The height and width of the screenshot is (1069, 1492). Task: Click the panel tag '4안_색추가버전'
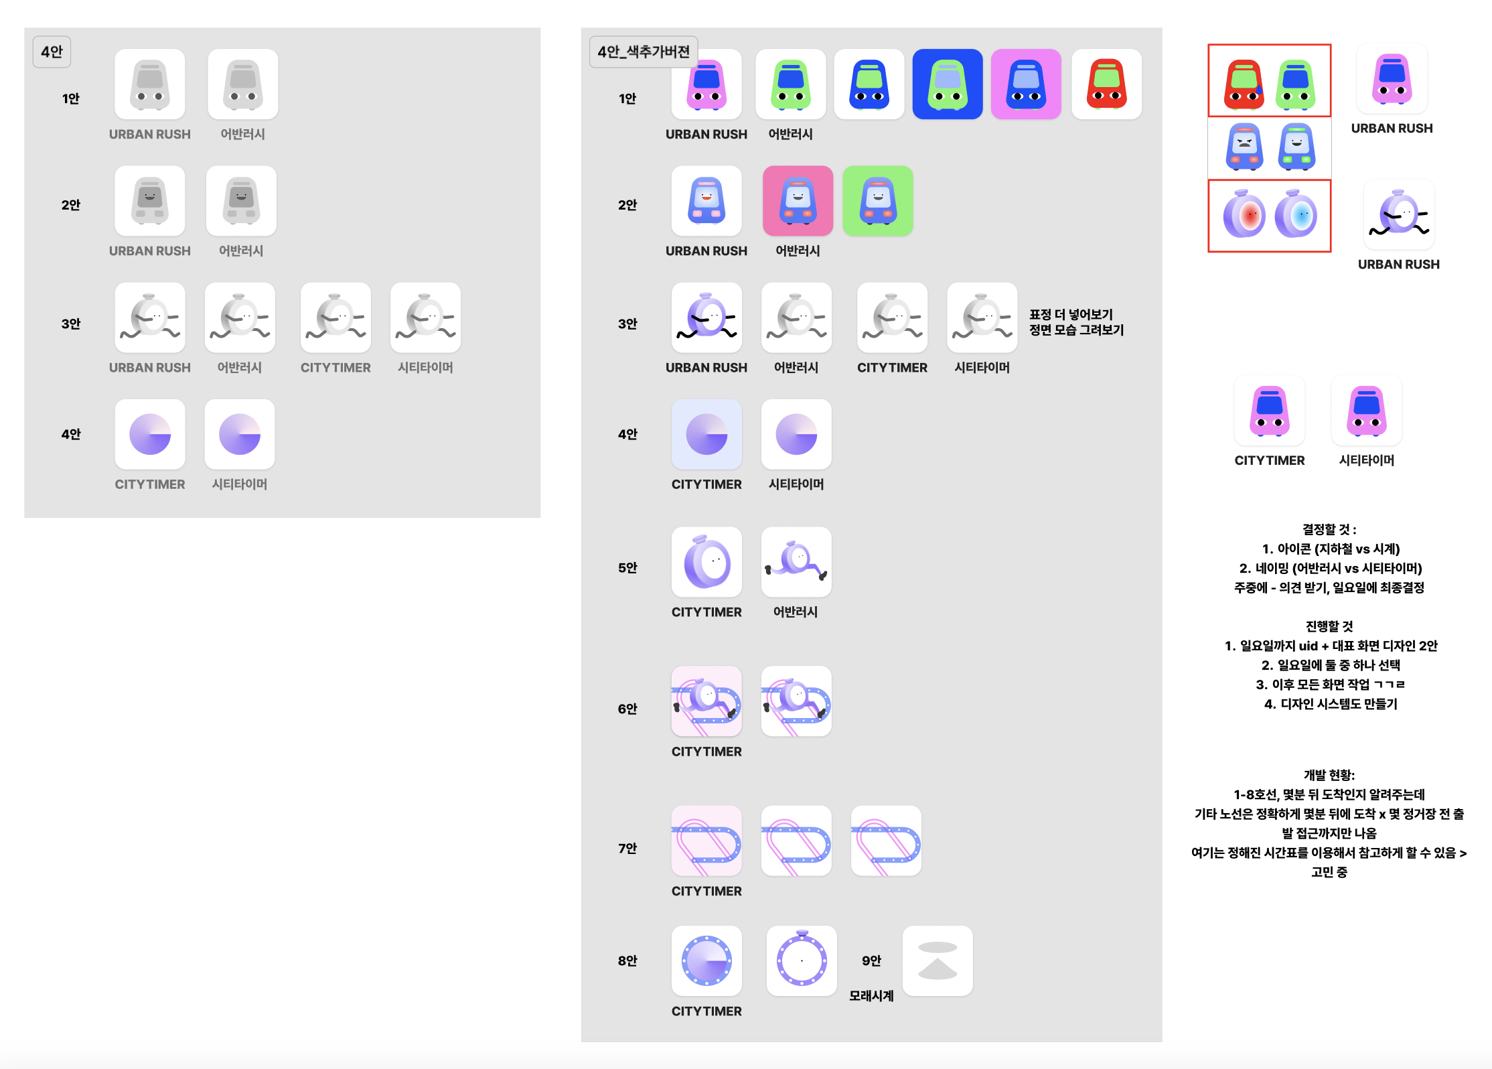pyautogui.click(x=643, y=52)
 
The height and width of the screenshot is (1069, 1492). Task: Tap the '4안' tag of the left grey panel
pyautogui.click(x=52, y=52)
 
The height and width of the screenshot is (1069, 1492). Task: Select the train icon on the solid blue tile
pyautogui.click(x=947, y=84)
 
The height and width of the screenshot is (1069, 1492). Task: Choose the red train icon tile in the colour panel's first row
pyautogui.click(x=1106, y=84)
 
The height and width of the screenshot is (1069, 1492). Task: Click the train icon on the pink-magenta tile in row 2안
pyautogui.click(x=798, y=201)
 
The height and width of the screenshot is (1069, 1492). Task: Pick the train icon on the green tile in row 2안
pyautogui.click(x=877, y=201)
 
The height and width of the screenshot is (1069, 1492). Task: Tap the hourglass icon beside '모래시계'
pyautogui.click(x=937, y=960)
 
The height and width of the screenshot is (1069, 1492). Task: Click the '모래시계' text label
pyautogui.click(x=871, y=996)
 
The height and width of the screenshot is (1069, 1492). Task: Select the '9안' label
pyautogui.click(x=871, y=960)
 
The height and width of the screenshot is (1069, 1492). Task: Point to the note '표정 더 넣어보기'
pyautogui.click(x=1071, y=314)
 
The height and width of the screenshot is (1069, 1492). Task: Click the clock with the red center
pyautogui.click(x=1244, y=215)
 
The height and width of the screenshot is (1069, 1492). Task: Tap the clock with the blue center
pyautogui.click(x=1296, y=215)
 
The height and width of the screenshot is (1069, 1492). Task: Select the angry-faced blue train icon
pyautogui.click(x=1244, y=146)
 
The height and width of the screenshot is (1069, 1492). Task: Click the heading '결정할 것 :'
pyautogui.click(x=1329, y=529)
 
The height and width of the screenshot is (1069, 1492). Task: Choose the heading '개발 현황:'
pyautogui.click(x=1329, y=775)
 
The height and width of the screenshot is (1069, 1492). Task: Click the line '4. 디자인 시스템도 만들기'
pyautogui.click(x=1330, y=704)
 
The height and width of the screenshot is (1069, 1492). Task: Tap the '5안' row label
pyautogui.click(x=627, y=568)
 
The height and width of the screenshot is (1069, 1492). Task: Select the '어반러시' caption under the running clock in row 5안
pyautogui.click(x=795, y=612)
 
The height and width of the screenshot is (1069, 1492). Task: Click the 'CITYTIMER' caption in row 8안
pyautogui.click(x=706, y=1011)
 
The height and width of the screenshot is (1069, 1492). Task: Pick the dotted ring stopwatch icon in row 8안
pyautogui.click(x=802, y=960)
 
